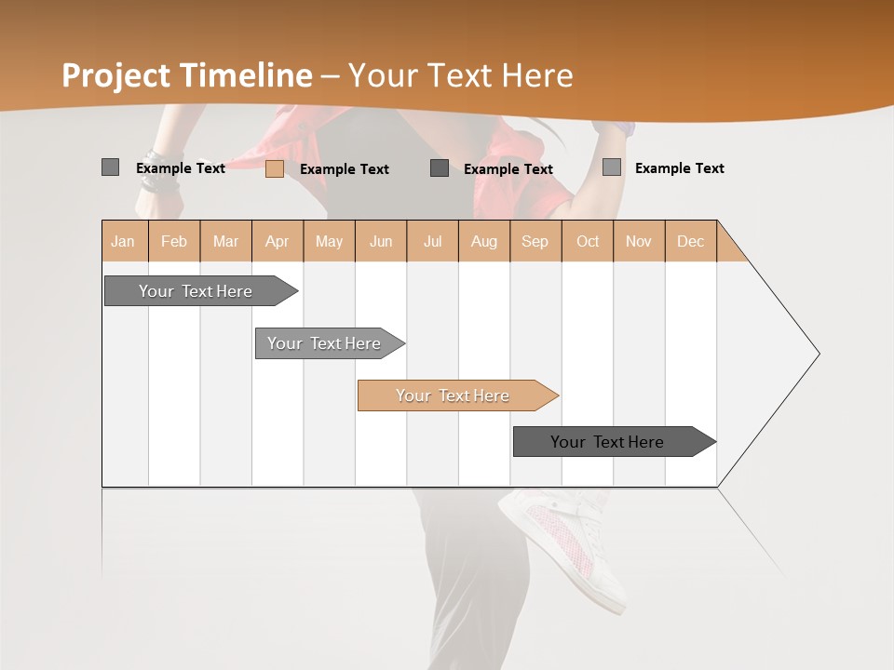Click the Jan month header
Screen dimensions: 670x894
pos(124,241)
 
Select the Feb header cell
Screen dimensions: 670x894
pos(174,241)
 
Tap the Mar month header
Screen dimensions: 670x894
pos(225,241)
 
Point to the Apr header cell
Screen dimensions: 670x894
pos(278,241)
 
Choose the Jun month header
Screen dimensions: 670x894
pos(381,241)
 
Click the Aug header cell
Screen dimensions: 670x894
pos(484,241)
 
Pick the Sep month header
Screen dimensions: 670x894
pos(535,241)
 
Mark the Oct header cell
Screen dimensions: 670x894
pos(588,241)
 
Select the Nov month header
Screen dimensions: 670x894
pos(639,241)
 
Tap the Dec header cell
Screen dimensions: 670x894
pos(691,241)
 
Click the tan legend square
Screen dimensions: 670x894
pos(275,168)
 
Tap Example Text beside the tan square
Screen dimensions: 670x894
pos(345,169)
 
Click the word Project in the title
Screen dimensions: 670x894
pos(116,76)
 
